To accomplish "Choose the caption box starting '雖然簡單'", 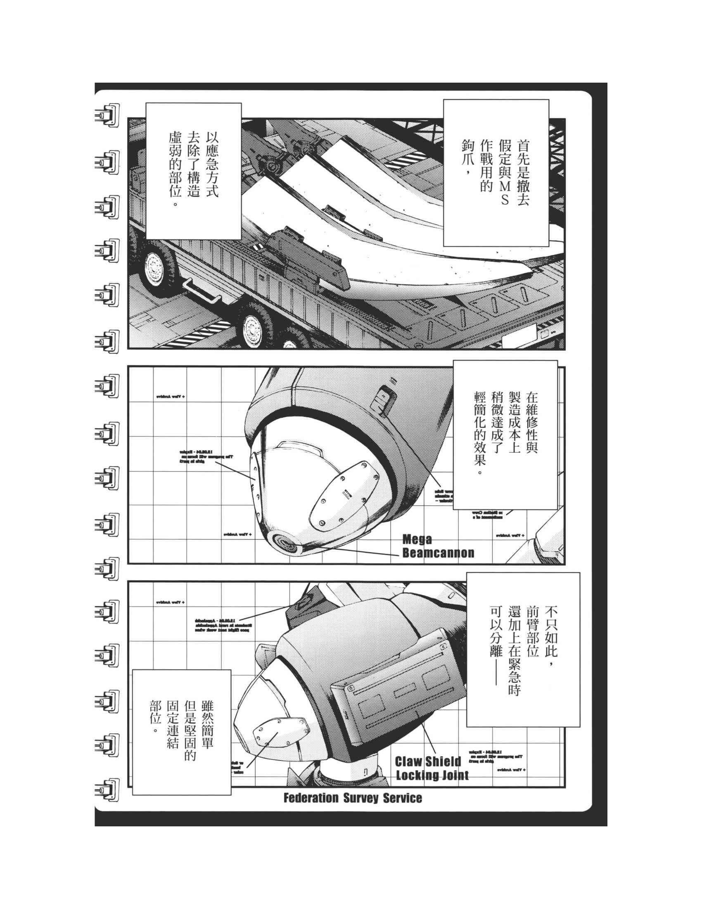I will click(x=181, y=731).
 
